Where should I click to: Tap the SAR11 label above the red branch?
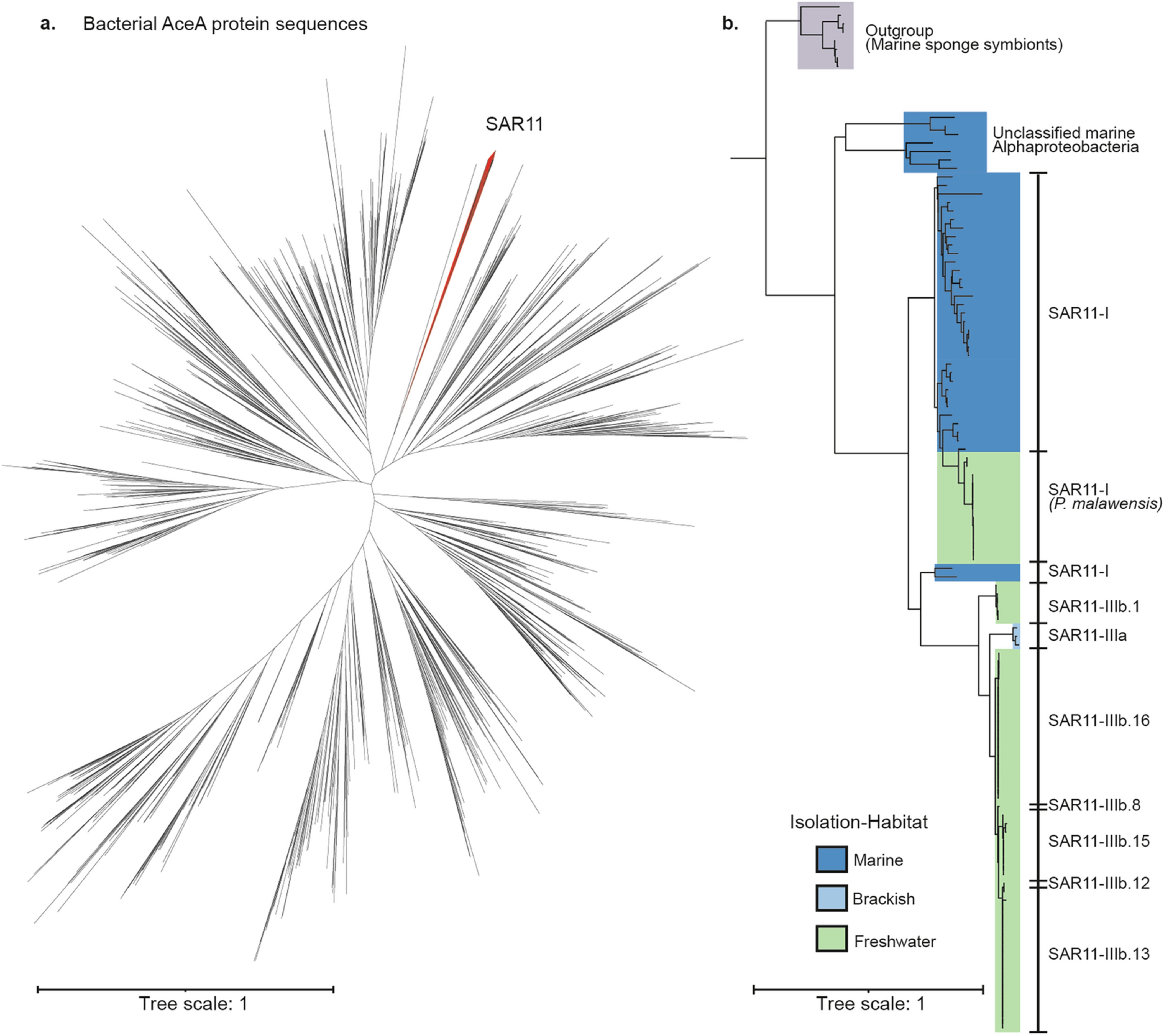click(x=514, y=124)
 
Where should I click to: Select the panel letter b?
click(x=730, y=24)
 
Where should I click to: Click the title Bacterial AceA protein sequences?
click(x=225, y=24)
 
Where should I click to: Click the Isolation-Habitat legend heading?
click(x=858, y=822)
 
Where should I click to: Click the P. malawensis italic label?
click(x=1105, y=504)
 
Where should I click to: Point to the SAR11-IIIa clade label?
click(x=1087, y=635)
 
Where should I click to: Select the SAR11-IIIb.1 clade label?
click(x=1093, y=606)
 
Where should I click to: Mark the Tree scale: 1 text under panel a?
click(x=193, y=1004)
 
